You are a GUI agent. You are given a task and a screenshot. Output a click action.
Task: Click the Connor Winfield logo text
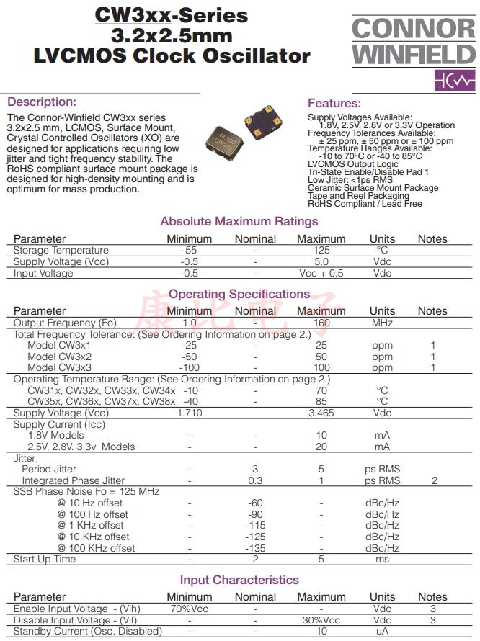414,41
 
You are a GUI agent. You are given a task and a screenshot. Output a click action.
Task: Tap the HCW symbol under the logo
454,81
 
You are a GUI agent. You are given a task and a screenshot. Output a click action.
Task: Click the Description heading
41,102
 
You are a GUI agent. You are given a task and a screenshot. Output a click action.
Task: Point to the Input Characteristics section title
239,580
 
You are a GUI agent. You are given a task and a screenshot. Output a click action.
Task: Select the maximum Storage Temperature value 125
321,251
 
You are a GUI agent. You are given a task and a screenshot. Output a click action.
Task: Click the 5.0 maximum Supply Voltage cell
321,262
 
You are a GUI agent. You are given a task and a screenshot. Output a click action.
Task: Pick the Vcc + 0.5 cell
321,274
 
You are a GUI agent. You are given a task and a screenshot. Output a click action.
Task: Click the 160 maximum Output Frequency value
321,323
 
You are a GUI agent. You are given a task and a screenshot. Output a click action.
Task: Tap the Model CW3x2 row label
59,357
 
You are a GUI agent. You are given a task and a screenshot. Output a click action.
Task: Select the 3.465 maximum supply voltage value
321,413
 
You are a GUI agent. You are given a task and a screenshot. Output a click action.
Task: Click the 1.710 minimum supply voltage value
190,413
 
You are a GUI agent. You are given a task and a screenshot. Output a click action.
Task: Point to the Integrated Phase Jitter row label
73,481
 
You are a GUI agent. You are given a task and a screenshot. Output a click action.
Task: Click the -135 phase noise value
255,548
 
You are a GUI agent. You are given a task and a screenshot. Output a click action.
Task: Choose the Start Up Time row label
45,560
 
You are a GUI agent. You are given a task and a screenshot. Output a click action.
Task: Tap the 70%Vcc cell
190,609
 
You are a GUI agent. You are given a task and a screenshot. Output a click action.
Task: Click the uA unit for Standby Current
382,632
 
